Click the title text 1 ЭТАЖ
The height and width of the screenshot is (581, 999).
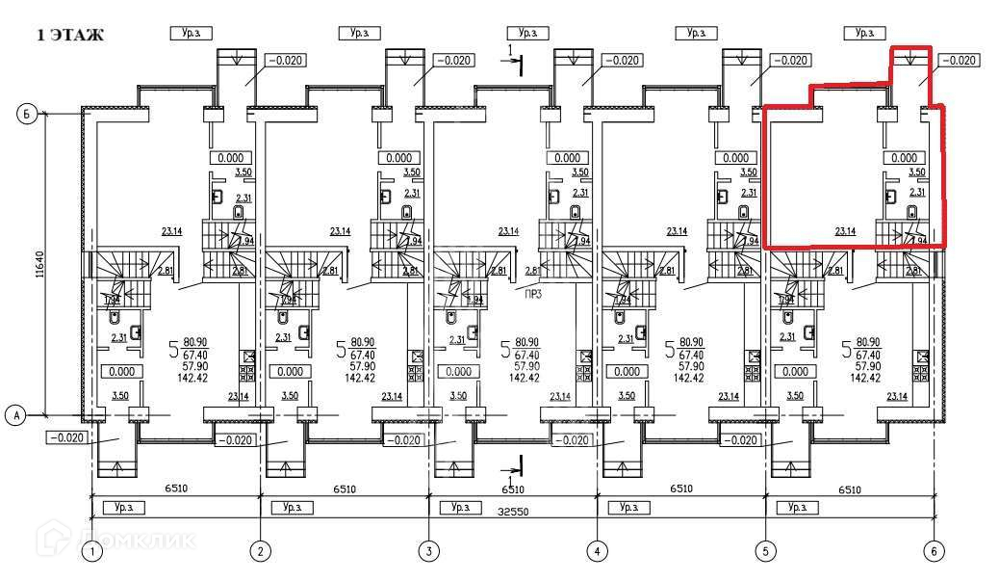tap(69, 36)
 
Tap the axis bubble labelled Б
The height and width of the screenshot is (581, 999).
tap(28, 115)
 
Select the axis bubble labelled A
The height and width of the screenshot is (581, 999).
tap(15, 415)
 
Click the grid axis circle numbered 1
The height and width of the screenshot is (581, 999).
tap(91, 552)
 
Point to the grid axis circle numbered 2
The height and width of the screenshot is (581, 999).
tap(260, 552)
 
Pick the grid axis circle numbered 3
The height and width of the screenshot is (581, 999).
tap(428, 552)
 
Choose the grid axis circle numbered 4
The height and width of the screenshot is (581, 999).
tap(597, 552)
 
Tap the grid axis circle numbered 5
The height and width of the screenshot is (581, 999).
tap(766, 552)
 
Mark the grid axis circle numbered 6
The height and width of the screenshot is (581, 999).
tap(933, 552)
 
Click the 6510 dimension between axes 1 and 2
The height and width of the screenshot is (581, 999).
tap(175, 489)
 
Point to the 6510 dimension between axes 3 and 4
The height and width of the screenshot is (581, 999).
tap(512, 489)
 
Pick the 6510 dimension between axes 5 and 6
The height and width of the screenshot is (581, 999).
tap(849, 489)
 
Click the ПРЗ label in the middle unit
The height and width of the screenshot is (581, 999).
tap(532, 294)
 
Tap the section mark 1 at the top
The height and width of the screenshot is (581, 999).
tap(511, 49)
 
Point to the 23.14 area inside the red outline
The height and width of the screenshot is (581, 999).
tap(845, 231)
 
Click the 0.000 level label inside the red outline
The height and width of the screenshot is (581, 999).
tap(904, 157)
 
